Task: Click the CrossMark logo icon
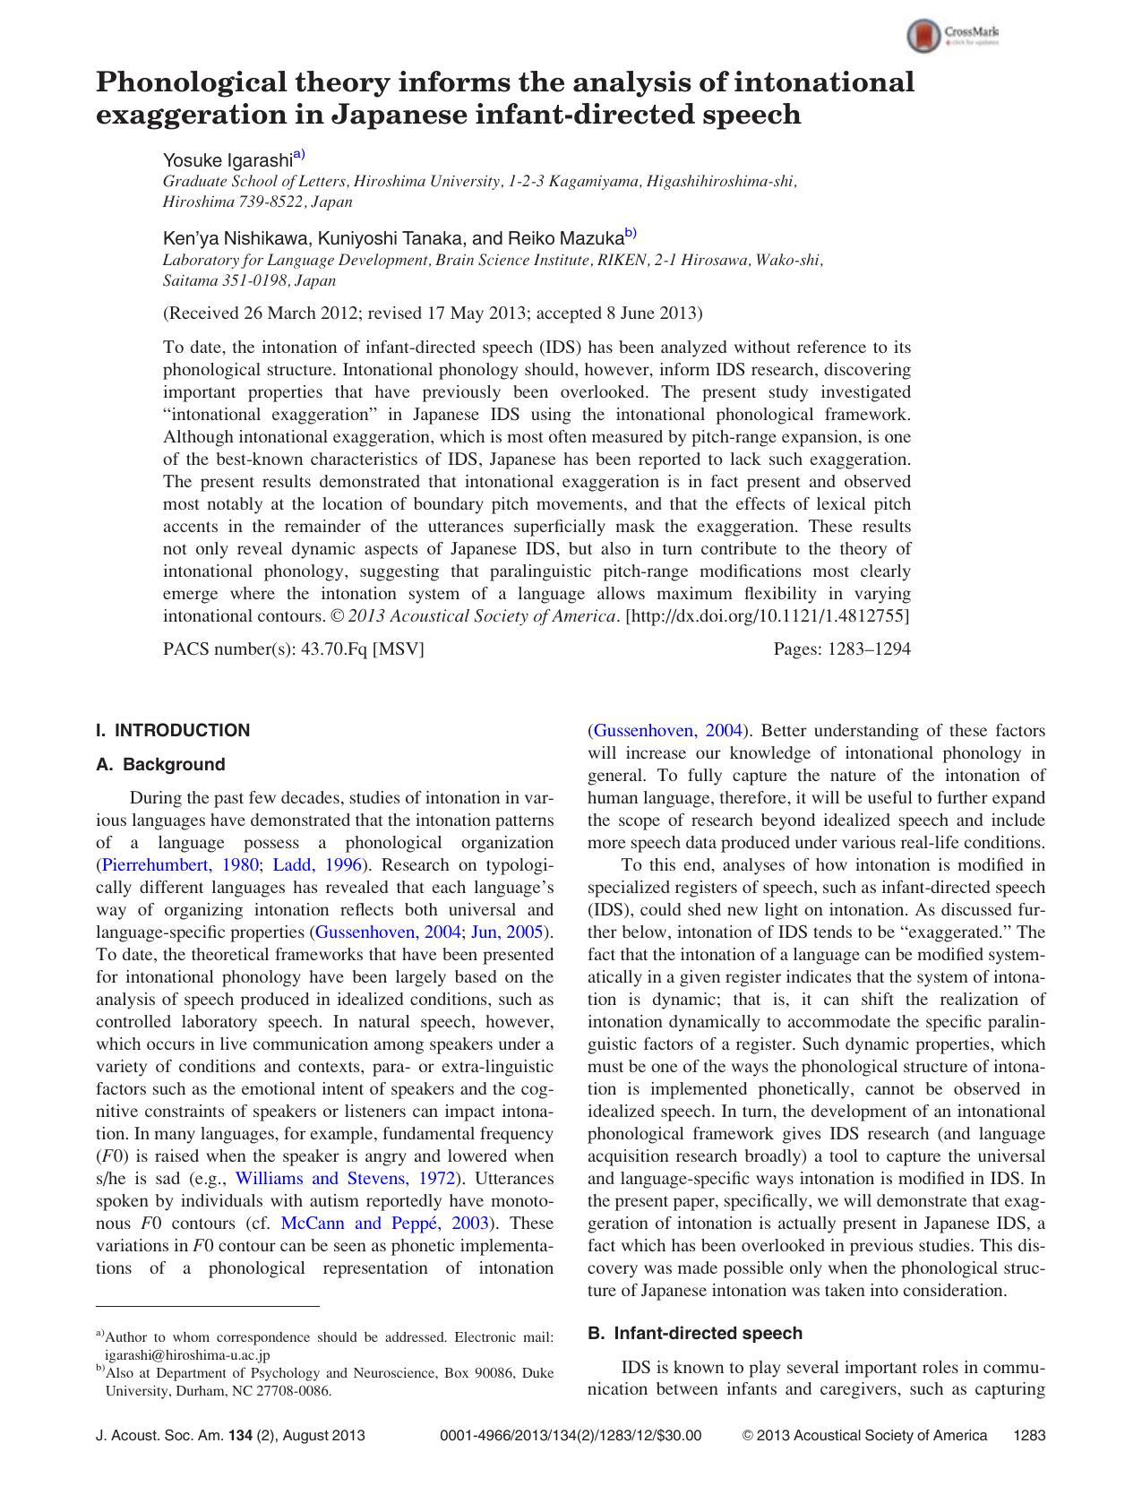coord(923,37)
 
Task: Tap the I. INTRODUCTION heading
coord(173,730)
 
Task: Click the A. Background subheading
coord(160,764)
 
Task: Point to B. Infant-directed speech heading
coord(694,1333)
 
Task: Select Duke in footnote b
coord(537,1372)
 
